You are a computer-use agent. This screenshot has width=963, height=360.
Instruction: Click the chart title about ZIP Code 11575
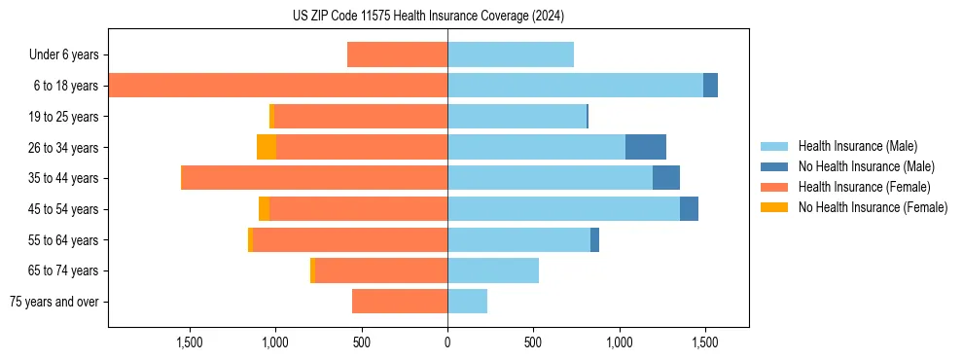(x=428, y=17)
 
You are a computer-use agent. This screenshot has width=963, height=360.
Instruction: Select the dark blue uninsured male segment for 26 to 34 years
(x=645, y=147)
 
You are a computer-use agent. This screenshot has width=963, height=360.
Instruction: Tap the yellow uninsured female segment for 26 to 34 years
(x=266, y=147)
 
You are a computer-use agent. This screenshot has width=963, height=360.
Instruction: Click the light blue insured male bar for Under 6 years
(x=511, y=54)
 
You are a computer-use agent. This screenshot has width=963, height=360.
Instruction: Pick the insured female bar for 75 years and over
(x=400, y=302)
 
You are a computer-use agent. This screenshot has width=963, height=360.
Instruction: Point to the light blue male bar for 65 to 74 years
(x=493, y=270)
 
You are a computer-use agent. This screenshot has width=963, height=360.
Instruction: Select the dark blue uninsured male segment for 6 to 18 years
(x=710, y=86)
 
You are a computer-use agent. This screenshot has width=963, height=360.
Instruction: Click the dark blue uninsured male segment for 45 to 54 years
(x=689, y=209)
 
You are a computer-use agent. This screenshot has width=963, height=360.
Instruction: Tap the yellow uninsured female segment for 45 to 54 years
(x=264, y=209)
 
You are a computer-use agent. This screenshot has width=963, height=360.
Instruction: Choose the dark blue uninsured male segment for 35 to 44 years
(x=665, y=178)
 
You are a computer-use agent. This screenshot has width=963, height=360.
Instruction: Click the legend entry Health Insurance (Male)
(x=857, y=146)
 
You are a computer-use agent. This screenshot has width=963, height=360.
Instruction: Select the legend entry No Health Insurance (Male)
(x=865, y=166)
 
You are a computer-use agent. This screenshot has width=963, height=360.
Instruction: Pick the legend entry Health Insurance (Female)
(x=863, y=187)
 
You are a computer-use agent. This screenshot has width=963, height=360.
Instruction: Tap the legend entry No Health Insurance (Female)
(x=872, y=207)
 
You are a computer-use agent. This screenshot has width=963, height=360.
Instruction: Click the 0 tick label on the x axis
(x=447, y=342)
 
